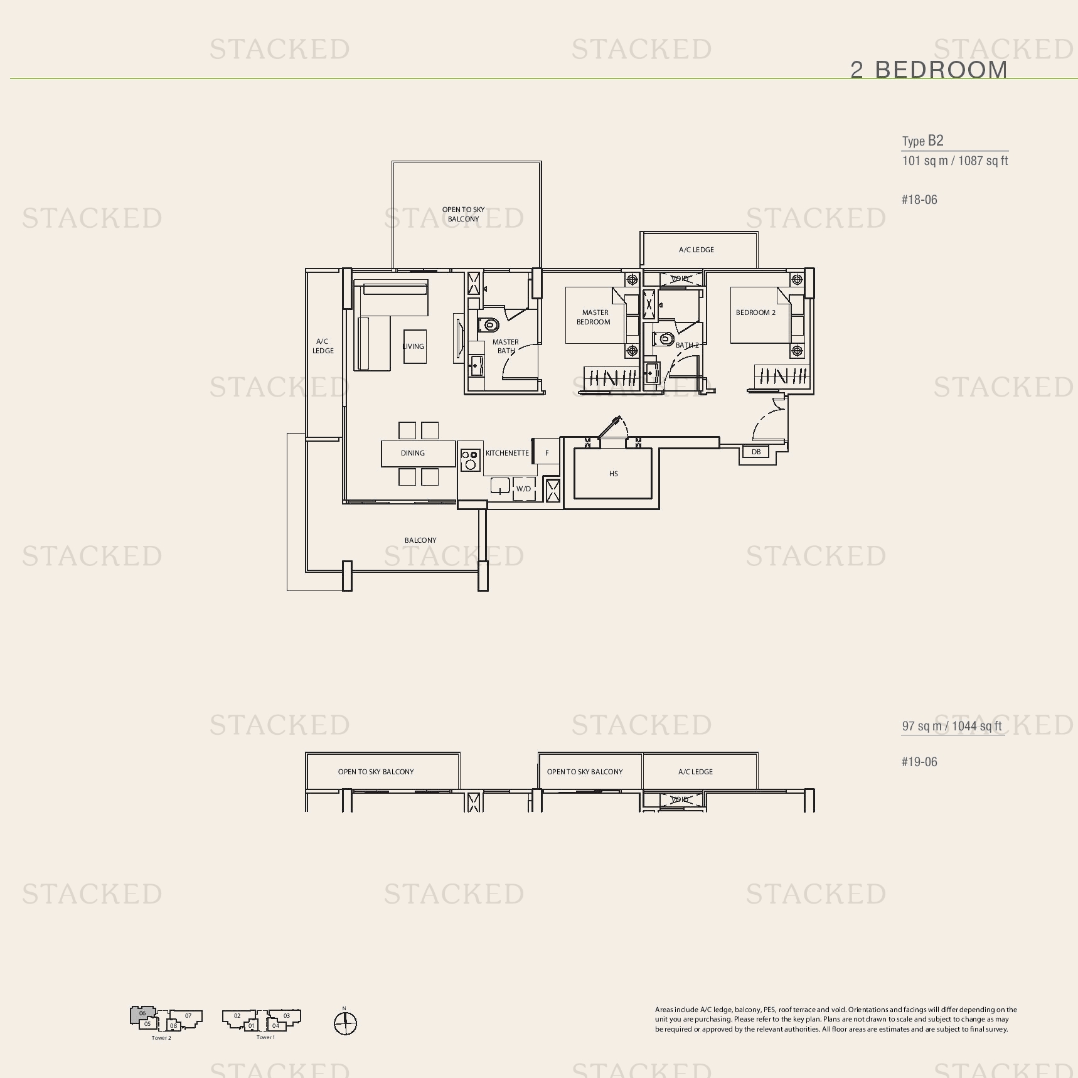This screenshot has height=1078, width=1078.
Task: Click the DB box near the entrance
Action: pos(755,452)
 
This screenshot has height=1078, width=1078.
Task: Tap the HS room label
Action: pos(613,474)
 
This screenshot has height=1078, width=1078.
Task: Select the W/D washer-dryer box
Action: pos(523,489)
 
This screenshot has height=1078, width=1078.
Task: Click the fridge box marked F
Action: pos(547,452)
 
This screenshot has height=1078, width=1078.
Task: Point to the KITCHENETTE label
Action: pos(507,453)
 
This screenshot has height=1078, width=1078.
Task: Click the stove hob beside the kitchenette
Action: pos(469,460)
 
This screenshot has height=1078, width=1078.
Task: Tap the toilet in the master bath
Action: pos(489,325)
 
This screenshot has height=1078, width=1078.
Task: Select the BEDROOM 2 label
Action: pos(755,312)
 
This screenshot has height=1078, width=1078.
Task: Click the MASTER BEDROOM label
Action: pos(594,317)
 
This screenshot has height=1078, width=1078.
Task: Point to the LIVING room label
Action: pos(413,346)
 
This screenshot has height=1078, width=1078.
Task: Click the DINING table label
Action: pos(412,453)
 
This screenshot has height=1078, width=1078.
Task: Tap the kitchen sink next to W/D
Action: pos(499,486)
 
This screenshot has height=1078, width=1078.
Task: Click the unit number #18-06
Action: pos(919,200)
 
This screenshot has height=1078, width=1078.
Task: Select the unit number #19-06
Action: pos(919,762)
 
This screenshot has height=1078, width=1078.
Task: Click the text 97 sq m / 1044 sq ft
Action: pos(951,726)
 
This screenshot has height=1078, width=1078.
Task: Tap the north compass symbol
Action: pos(345,1023)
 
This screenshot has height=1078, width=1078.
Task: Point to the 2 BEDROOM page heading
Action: pos(928,70)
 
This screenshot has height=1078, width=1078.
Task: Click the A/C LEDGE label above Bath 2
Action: pos(696,250)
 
